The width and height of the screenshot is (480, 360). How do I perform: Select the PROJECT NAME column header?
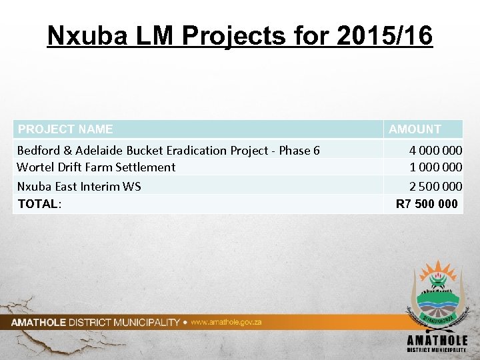click(x=65, y=129)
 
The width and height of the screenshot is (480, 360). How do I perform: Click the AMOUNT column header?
click(x=415, y=129)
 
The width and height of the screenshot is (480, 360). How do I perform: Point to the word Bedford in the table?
click(x=37, y=151)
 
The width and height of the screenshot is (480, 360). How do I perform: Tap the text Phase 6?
click(x=299, y=151)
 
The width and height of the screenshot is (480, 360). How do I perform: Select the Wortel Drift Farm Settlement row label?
click(x=96, y=167)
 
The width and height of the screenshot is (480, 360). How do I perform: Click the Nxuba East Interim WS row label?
click(x=79, y=187)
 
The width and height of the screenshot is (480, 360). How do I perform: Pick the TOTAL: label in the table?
click(x=39, y=204)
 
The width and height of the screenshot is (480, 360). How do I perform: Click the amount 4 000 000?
click(x=435, y=151)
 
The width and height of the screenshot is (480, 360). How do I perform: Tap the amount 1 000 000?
click(x=435, y=167)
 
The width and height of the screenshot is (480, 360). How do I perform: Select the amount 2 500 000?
click(x=435, y=187)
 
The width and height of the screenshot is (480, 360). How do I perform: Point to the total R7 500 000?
click(x=427, y=204)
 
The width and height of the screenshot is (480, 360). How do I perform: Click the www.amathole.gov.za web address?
click(x=226, y=322)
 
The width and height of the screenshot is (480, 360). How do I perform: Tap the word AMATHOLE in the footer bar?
click(x=38, y=323)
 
